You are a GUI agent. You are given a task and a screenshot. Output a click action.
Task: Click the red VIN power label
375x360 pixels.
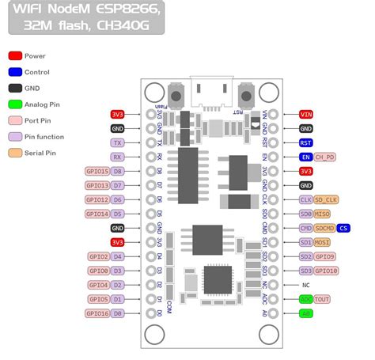coord(306,114)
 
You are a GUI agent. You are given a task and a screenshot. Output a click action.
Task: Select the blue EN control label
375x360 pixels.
coord(305,157)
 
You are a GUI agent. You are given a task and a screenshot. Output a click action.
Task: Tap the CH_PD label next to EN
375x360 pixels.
coord(324,157)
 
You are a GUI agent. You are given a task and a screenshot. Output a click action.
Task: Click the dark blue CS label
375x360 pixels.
coord(343,228)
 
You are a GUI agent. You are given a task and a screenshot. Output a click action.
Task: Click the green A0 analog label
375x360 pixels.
coord(305,313)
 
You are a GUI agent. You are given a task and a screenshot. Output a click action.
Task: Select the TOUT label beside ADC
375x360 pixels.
coord(323,299)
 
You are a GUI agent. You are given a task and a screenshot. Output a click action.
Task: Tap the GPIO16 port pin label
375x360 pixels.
coord(97,313)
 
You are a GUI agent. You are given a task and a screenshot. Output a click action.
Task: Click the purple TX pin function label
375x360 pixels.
coord(117,142)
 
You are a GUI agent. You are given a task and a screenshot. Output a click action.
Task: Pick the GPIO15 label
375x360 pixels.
coord(97,171)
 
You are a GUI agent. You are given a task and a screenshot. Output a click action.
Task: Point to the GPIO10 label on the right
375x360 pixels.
coord(326,271)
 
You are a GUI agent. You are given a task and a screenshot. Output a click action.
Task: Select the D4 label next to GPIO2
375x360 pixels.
coord(117,256)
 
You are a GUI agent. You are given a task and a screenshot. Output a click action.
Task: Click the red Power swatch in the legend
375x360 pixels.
coord(15,56)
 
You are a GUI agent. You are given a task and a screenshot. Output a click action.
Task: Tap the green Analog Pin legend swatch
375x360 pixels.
coord(15,104)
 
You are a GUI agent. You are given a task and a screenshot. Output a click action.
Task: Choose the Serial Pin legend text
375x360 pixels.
coord(40,153)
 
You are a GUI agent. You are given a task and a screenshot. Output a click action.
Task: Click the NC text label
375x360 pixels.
coord(305,285)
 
